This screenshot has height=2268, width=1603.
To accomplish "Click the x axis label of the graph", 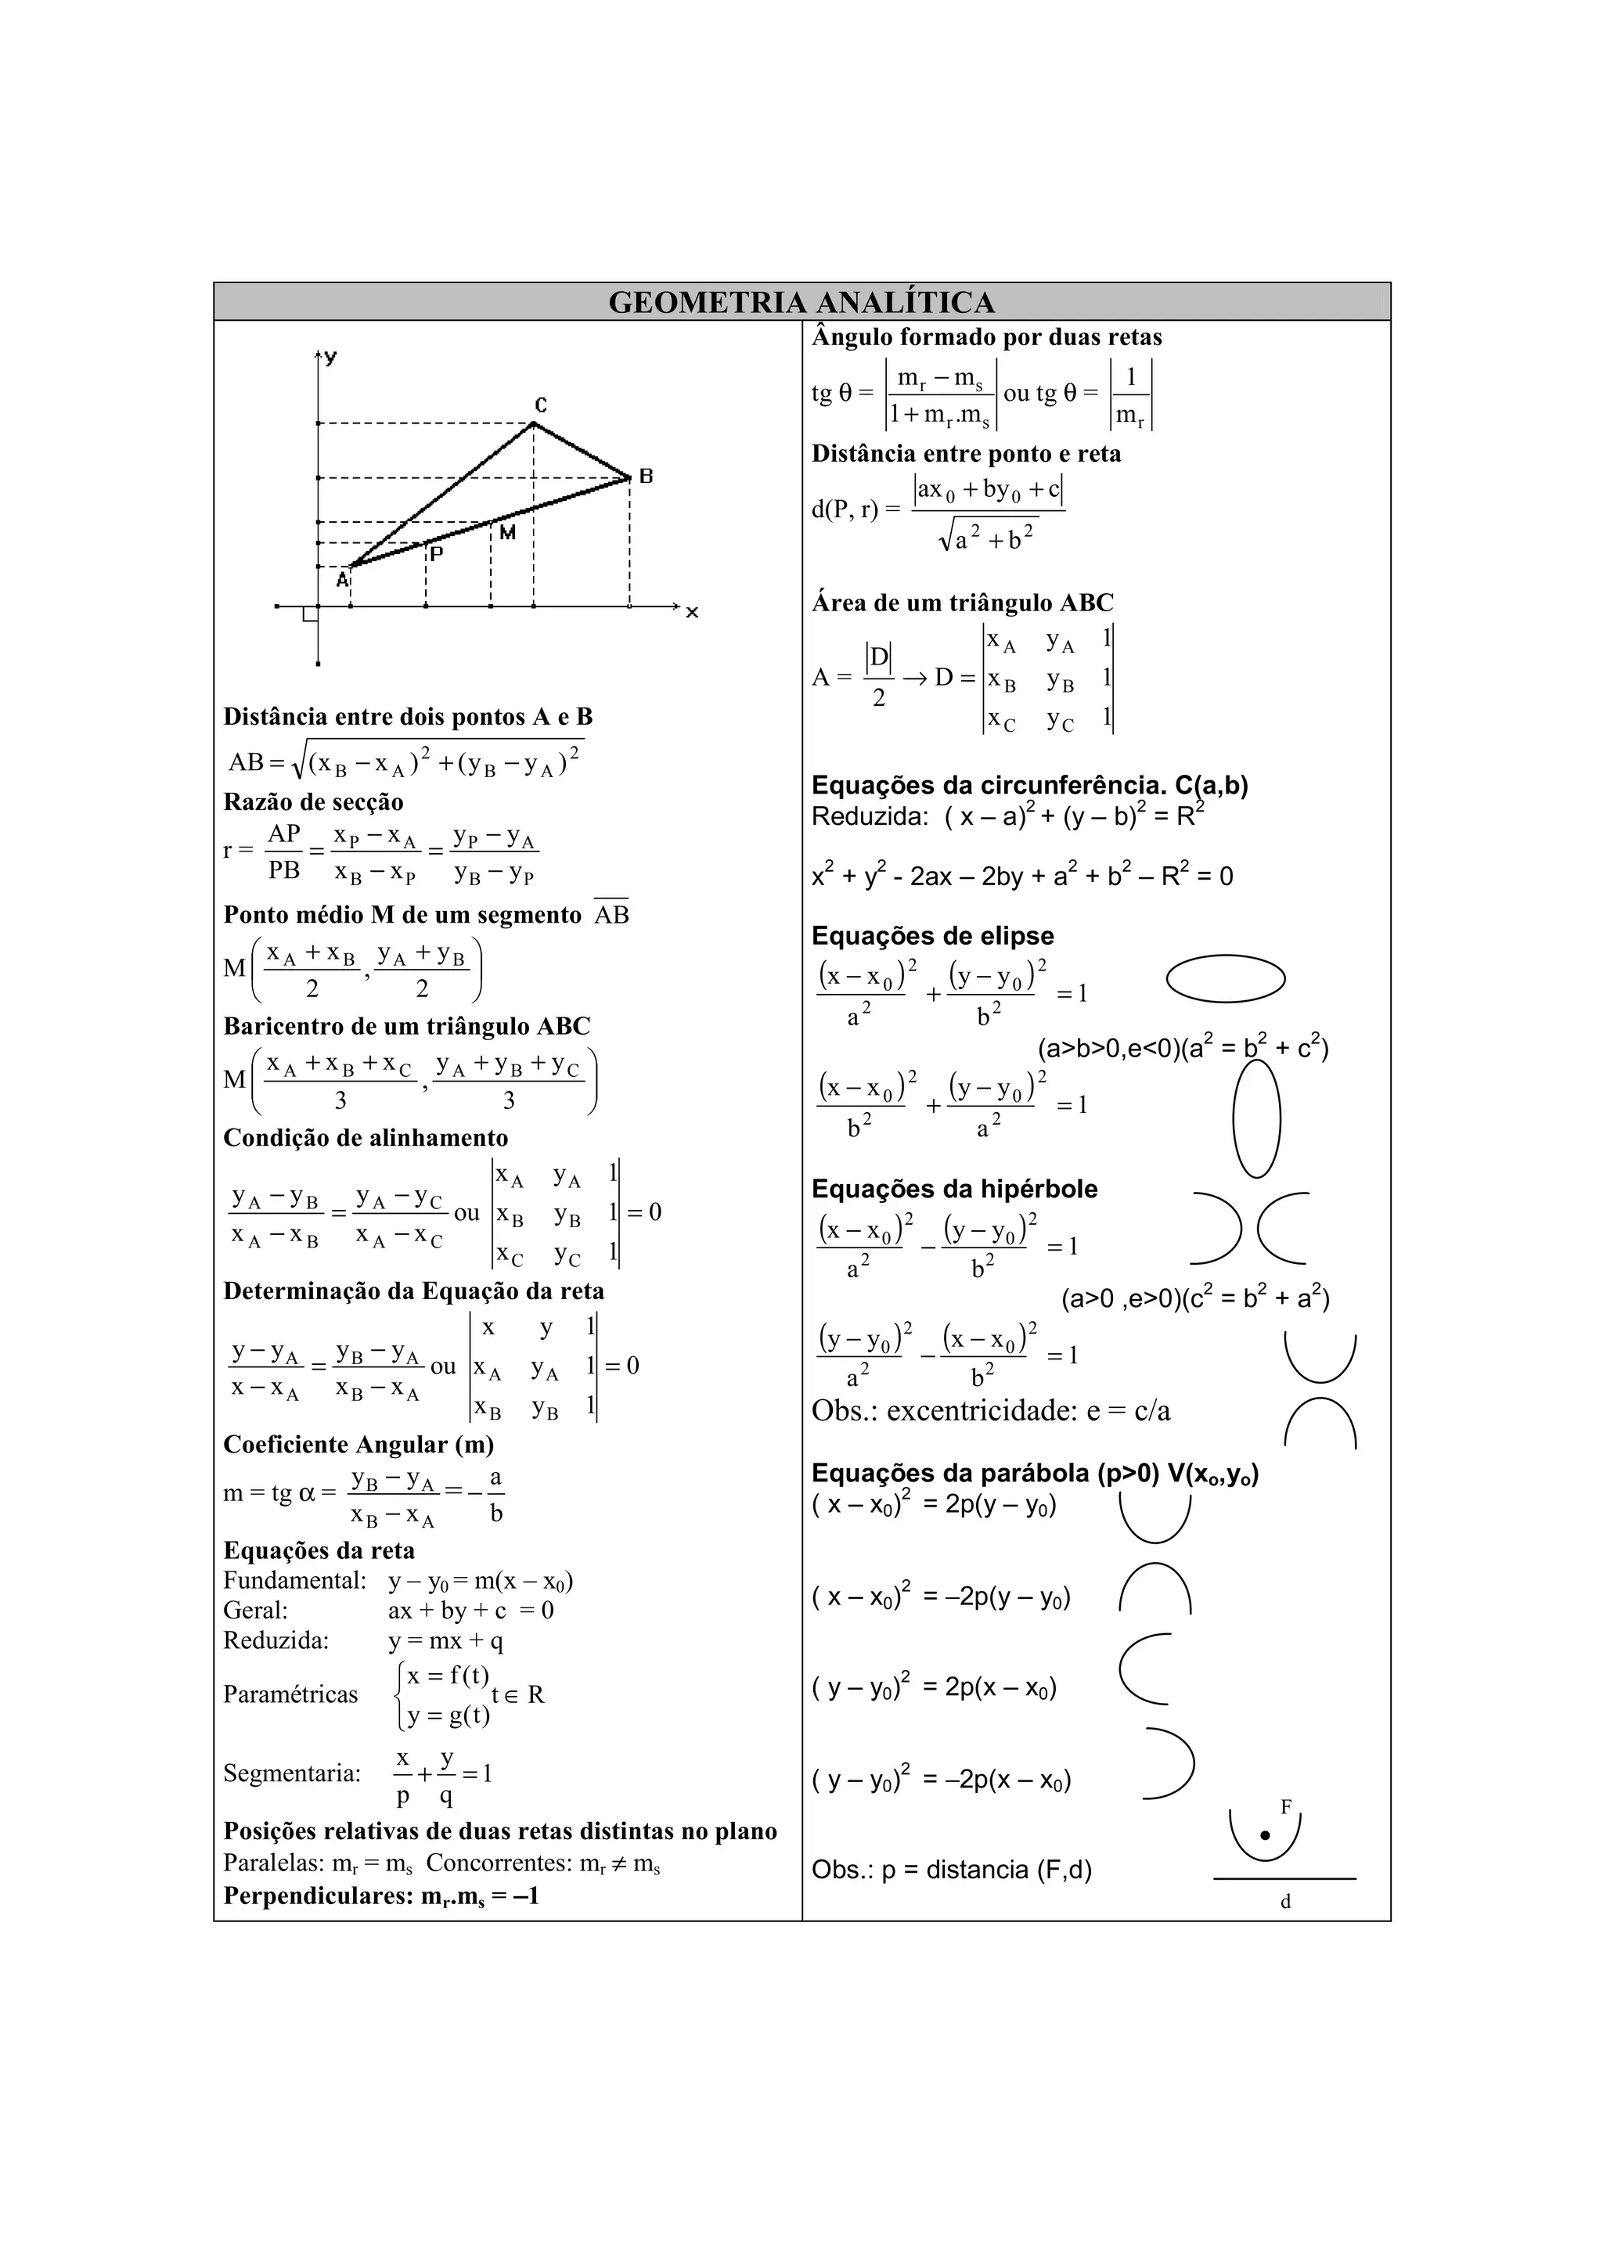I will pyautogui.click(x=693, y=613).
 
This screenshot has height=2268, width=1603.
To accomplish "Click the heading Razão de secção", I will pyautogui.click(x=313, y=802).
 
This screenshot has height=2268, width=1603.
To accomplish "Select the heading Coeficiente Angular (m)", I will pyautogui.click(x=358, y=1445).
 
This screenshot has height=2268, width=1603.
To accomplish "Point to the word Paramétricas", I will pyautogui.click(x=290, y=1694).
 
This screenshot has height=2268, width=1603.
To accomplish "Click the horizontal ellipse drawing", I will pyautogui.click(x=1225, y=980).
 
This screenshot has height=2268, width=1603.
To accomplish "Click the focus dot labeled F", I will pyautogui.click(x=1264, y=1835).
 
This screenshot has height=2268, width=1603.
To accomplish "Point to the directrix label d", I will pyautogui.click(x=1285, y=1902).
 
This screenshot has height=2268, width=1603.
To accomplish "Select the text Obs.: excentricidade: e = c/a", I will pyautogui.click(x=991, y=1410).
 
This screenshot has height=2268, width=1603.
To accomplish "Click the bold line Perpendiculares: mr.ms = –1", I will pyautogui.click(x=380, y=1895).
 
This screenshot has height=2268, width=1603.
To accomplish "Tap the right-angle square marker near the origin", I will pyautogui.click(x=310, y=614).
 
